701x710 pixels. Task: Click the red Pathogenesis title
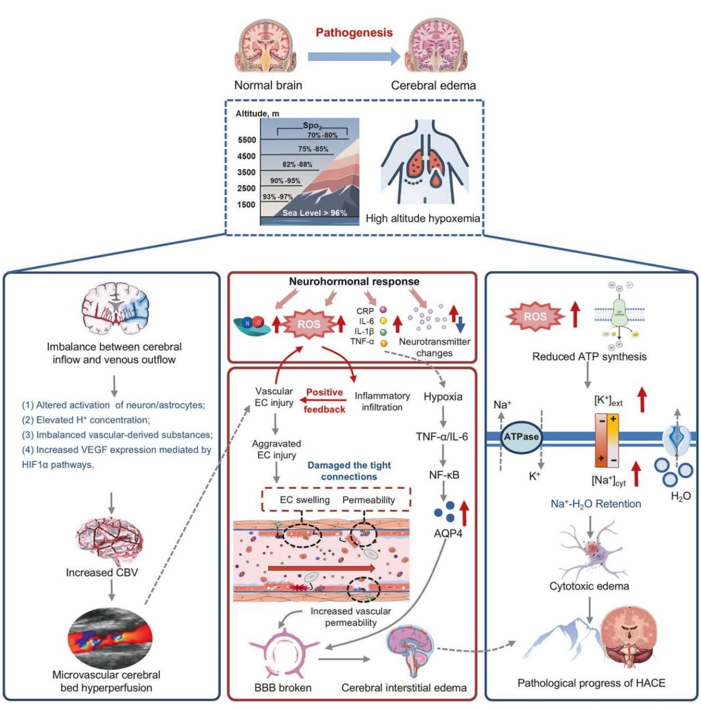354,33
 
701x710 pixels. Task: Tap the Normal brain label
268,85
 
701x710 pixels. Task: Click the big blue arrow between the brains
353,56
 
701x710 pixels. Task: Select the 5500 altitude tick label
247,140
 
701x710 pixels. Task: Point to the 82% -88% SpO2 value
297,164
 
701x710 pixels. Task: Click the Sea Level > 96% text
315,213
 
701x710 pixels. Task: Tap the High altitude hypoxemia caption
422,218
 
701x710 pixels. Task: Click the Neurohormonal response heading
354,281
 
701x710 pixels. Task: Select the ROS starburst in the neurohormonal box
308,325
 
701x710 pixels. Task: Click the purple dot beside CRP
383,311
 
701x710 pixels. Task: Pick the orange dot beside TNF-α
383,343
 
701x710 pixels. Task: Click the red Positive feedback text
325,401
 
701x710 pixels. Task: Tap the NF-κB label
444,475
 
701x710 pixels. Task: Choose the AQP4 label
448,534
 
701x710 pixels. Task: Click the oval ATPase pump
521,436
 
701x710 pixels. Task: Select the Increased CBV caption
102,572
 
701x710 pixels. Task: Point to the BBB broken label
283,688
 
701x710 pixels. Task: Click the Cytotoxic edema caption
589,586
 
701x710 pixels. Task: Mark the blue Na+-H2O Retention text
595,504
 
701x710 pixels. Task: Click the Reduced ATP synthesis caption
589,357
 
